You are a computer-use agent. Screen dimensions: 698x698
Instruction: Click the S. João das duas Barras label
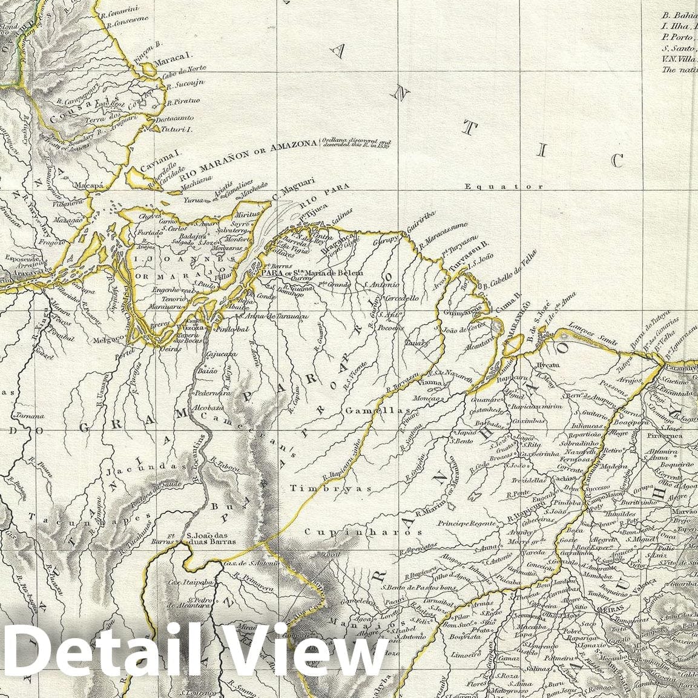211,538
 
